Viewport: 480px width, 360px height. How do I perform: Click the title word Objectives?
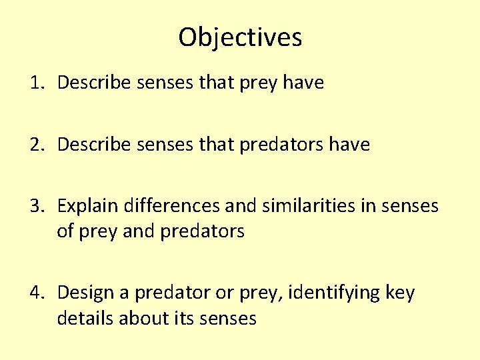pos(240,37)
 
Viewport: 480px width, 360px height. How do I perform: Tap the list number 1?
pos(34,83)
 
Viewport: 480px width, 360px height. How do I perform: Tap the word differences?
pos(169,206)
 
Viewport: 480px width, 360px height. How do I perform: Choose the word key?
pos(400,293)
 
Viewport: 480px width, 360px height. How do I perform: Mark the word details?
pos(85,318)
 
